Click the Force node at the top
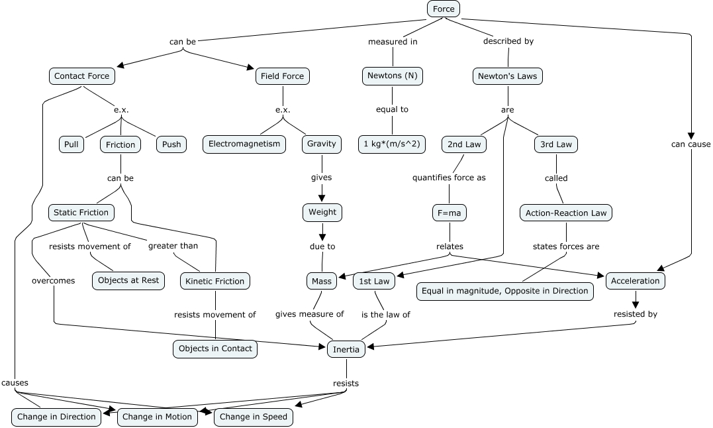443,9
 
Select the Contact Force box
81,76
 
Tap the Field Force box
282,76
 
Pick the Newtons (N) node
393,76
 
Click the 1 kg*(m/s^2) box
393,144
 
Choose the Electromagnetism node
244,144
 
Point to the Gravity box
322,144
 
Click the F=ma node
450,213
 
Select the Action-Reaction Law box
566,213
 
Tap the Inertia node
346,348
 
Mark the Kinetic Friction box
215,281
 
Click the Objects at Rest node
128,280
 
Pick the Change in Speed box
253,417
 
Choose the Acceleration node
635,281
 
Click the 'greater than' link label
173,246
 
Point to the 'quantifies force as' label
449,178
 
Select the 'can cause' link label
690,144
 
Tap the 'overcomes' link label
53,281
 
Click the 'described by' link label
508,41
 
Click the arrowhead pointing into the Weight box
322,197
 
